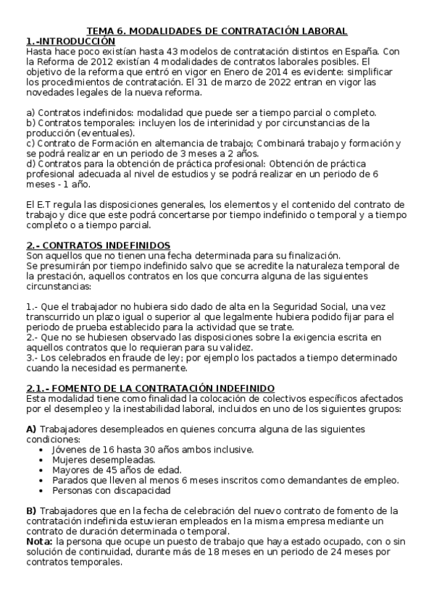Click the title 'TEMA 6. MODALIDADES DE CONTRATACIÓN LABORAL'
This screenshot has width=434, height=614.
point(217,31)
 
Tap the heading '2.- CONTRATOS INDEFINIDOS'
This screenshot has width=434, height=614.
point(99,245)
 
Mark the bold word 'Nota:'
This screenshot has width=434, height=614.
point(39,541)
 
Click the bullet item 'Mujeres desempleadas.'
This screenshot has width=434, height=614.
point(104,459)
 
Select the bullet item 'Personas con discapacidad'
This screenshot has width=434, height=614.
point(112,489)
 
